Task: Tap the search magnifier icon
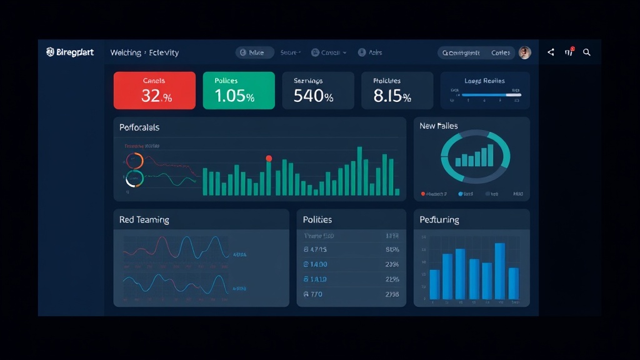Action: (x=587, y=52)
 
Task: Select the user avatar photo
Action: (x=525, y=53)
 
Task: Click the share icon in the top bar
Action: (x=551, y=52)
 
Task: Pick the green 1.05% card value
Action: (x=234, y=96)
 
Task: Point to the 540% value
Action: (x=313, y=96)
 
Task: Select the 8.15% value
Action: (x=392, y=96)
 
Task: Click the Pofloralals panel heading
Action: (x=139, y=127)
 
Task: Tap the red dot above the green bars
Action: (x=269, y=158)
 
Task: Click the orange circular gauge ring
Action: (x=134, y=161)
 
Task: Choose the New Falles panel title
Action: (x=439, y=126)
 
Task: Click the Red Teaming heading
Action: (x=144, y=220)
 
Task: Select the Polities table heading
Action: (x=317, y=220)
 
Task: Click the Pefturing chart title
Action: (x=439, y=220)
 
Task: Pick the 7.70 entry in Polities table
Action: (x=313, y=294)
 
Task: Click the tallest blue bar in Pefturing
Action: (x=499, y=271)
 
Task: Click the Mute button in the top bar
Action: (x=255, y=53)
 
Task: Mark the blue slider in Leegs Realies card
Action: (x=485, y=95)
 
